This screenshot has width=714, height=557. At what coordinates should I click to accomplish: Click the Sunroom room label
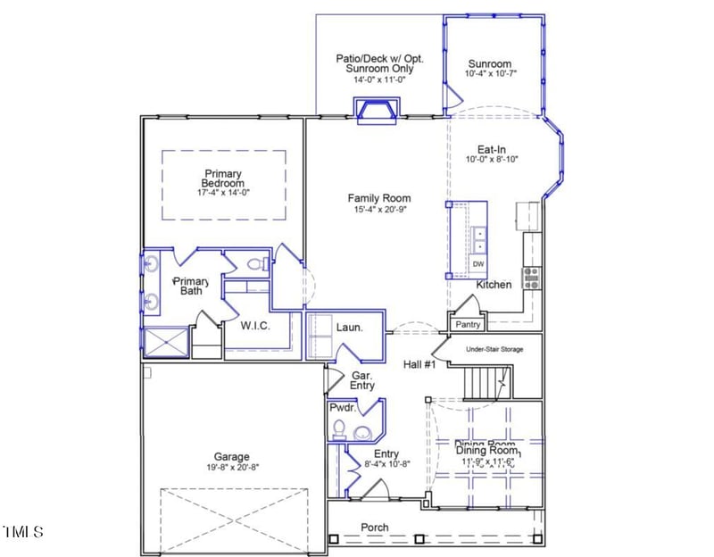coord(489,63)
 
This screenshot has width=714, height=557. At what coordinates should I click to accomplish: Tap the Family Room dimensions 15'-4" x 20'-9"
coord(379,210)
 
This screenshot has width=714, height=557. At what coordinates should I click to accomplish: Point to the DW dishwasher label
coord(478,265)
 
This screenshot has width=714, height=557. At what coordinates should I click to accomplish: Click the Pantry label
coord(468,325)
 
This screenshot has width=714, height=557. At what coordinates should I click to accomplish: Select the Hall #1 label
coord(417,364)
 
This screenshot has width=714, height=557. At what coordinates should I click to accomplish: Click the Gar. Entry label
coord(362,380)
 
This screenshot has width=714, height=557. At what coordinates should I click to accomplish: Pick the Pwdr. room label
coord(343,407)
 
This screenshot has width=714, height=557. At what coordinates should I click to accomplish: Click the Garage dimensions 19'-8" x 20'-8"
coord(225,467)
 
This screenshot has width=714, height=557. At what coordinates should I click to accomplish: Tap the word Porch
coord(374,528)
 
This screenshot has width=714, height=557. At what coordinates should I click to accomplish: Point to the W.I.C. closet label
coord(254,326)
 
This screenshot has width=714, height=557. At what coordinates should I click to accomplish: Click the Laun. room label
coord(349,328)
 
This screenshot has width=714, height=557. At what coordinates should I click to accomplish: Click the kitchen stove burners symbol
coord(531,278)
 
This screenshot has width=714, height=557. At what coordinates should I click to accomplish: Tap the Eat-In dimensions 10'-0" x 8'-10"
coord(492,160)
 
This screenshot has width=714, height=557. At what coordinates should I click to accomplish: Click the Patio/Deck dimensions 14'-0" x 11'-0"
coord(379,79)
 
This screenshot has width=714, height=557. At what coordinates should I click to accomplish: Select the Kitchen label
coord(494,285)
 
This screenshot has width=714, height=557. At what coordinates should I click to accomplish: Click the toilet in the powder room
coord(338,430)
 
